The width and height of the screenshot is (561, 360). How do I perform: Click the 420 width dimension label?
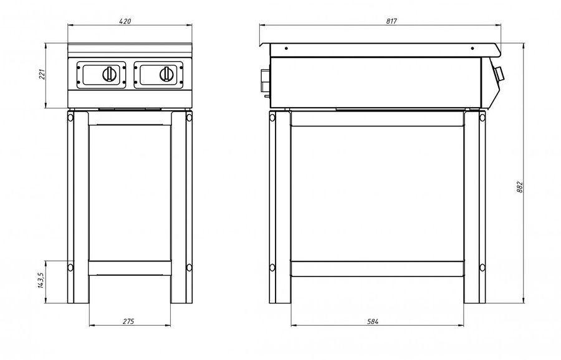(x=125, y=21)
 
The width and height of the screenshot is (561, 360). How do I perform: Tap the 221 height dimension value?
(x=42, y=74)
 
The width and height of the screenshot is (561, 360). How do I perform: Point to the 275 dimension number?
(x=128, y=321)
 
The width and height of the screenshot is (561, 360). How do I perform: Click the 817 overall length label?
(x=391, y=21)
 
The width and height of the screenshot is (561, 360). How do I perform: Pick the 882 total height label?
(x=520, y=187)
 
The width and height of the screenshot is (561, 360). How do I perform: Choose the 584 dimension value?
(x=373, y=321)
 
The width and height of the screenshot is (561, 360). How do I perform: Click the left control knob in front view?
(x=109, y=74)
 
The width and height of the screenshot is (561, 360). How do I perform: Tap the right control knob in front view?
(x=166, y=74)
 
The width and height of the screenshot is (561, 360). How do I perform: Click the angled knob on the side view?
(x=499, y=73)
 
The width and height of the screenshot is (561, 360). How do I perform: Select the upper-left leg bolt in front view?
(x=70, y=117)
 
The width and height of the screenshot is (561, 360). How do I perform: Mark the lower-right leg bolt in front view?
(x=189, y=267)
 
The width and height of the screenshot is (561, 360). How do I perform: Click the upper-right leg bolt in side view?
(x=482, y=117)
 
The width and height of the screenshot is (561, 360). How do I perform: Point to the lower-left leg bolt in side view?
(x=272, y=267)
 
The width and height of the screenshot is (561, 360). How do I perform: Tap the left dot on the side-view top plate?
(x=286, y=48)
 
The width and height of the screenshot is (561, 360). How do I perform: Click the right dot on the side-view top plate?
(x=472, y=48)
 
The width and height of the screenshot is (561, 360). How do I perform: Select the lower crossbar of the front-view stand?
(x=130, y=268)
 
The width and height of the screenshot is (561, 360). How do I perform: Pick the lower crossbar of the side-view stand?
(x=377, y=269)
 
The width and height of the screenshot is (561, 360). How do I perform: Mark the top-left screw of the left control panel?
(x=79, y=67)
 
